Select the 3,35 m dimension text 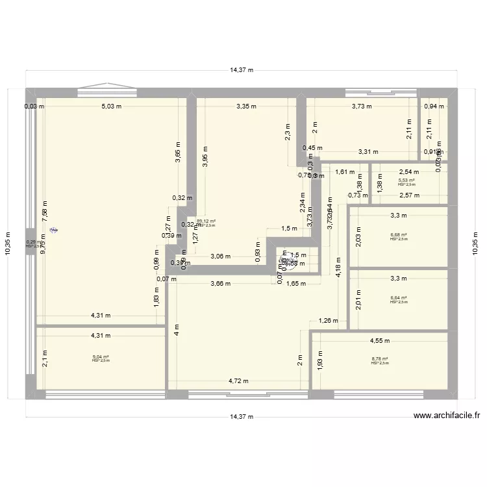coord(246,106)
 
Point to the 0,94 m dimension coord(434,106)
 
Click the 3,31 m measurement coord(368,153)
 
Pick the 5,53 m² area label coord(408,181)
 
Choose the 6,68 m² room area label coord(399,235)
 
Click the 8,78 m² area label coord(380,359)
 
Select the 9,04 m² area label coord(101,356)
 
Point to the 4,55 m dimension coord(380,340)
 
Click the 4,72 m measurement coord(238,382)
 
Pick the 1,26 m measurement coord(328,320)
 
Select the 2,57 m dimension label coord(409,195)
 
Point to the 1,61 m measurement coord(344,173)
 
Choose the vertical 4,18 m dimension coord(338,266)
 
